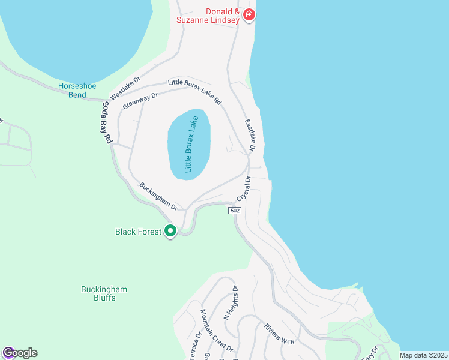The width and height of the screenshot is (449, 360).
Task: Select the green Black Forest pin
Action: pos(170,230)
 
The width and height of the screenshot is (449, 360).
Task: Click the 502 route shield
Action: pos(235,210)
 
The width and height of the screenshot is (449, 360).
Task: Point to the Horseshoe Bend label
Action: pos(77,91)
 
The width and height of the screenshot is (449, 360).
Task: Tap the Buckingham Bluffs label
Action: pos(104,293)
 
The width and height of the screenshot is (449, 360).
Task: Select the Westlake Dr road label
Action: pos(125,88)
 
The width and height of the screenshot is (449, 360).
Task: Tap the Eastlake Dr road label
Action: pos(250,135)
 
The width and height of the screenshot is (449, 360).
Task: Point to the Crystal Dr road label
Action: pos(243,188)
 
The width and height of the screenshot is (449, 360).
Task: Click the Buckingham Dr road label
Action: pos(158,196)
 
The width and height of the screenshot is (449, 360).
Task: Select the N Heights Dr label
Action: pos(231,302)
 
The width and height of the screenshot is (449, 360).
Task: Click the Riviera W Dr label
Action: pos(280,334)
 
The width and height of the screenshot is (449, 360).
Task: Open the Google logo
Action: pos(19,353)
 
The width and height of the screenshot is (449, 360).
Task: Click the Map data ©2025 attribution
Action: pos(424,355)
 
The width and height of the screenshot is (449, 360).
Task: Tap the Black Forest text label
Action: pos(138,231)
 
